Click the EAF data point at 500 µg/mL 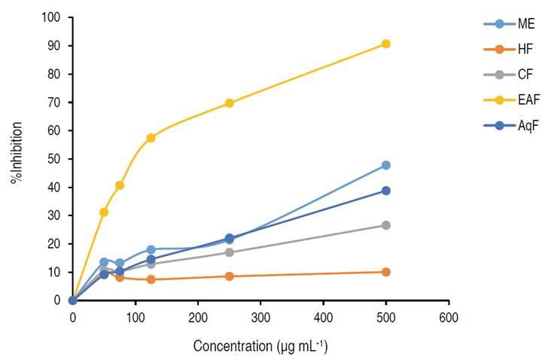386,44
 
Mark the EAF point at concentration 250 230,103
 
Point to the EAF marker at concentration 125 151,138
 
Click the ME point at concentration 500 386,165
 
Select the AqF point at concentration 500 386,191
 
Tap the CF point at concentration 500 386,225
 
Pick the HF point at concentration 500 386,272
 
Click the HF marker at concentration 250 230,276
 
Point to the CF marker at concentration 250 230,252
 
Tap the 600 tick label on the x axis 449,316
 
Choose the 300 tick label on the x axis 260,316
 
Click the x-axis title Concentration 260,346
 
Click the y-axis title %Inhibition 16,157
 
